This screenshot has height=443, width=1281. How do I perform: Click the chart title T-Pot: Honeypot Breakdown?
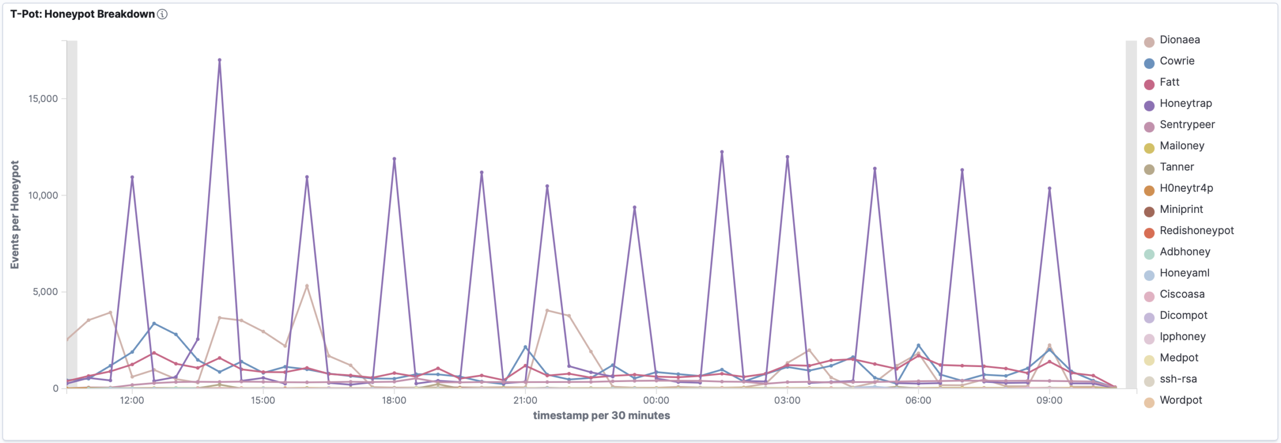[83, 14]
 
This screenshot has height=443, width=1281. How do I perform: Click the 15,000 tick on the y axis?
[43, 98]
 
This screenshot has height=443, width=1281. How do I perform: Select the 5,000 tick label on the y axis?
[46, 291]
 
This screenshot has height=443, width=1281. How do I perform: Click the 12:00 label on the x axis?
[132, 400]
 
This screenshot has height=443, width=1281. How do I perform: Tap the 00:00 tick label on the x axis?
[656, 400]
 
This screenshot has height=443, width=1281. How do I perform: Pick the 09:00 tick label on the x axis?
[1049, 400]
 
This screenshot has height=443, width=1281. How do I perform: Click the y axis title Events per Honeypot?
[15, 214]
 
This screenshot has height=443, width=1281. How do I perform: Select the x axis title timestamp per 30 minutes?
[601, 415]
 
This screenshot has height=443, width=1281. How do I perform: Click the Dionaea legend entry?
[1179, 40]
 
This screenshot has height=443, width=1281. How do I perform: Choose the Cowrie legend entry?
[1177, 61]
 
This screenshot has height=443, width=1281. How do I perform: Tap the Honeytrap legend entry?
[1185, 103]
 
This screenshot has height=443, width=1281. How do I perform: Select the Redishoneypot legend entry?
[1196, 230]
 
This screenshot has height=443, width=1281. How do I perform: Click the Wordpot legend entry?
[1180, 400]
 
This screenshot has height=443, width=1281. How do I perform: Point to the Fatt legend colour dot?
[1149, 84]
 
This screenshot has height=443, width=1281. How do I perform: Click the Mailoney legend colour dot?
[1149, 147]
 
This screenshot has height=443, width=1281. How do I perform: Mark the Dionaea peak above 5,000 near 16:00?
[307, 286]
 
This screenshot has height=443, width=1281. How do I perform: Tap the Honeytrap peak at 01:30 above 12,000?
[722, 152]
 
